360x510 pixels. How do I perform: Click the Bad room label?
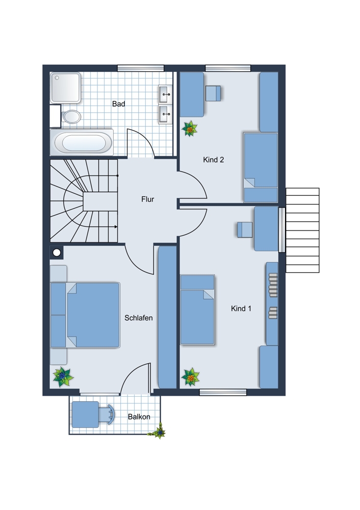pos(118,104)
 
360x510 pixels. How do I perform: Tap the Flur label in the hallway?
pos(148,199)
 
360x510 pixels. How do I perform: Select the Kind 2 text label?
pos(213,160)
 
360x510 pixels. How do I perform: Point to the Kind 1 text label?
pos(241,309)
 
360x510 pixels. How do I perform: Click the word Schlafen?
pos(139,318)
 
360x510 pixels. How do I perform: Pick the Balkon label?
pos(139,417)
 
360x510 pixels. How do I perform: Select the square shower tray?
pos(65,88)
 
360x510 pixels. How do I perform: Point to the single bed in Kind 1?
pos(197,310)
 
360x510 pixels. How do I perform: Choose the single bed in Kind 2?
pos(261,167)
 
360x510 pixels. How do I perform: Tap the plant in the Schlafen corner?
pos(63,377)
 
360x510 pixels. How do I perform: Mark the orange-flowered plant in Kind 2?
pos(190,129)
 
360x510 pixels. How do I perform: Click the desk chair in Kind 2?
pos(213,93)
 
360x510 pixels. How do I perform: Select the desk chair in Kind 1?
pos(245,229)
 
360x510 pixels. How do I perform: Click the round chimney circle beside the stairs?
pos(57,252)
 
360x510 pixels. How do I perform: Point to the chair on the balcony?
pos(107,414)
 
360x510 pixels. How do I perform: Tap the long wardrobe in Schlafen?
pos(167,317)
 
